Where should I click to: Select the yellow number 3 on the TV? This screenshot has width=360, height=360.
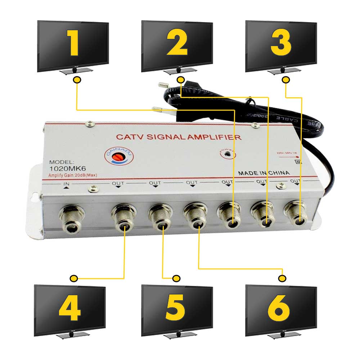(281, 43)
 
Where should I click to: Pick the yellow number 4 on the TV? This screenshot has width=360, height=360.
(70, 309)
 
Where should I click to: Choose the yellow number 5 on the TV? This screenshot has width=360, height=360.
(176, 309)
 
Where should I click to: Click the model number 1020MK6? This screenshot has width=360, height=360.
(66, 169)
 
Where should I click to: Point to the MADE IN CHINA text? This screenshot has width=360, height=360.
(264, 173)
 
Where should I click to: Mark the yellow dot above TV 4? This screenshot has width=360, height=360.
(74, 278)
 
